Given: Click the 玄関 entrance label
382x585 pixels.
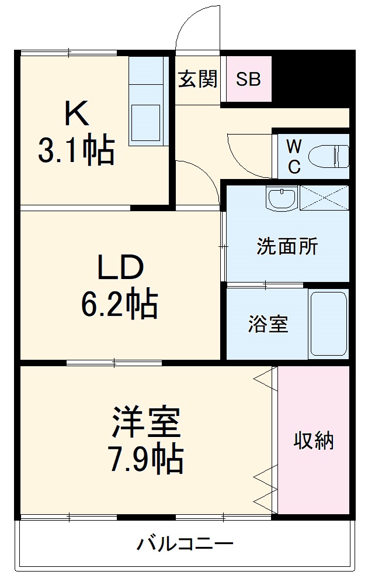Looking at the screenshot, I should point(197,79).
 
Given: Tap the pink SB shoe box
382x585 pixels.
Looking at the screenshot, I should point(248,79).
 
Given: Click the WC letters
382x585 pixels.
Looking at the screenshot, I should point(294,156).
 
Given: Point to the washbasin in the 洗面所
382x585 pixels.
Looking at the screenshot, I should point(282,197).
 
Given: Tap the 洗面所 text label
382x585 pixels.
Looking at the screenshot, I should point(287,246).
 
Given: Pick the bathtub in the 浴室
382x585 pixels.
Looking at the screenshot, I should point(328,324).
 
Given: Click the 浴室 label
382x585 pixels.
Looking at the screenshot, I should point(268,324).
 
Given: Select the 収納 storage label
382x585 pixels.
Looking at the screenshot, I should point(314,440).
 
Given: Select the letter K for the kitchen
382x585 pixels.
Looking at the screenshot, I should point(77,115).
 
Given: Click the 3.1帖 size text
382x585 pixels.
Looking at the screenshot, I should point(76,151).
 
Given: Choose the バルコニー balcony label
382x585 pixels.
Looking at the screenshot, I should point(185,545).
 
